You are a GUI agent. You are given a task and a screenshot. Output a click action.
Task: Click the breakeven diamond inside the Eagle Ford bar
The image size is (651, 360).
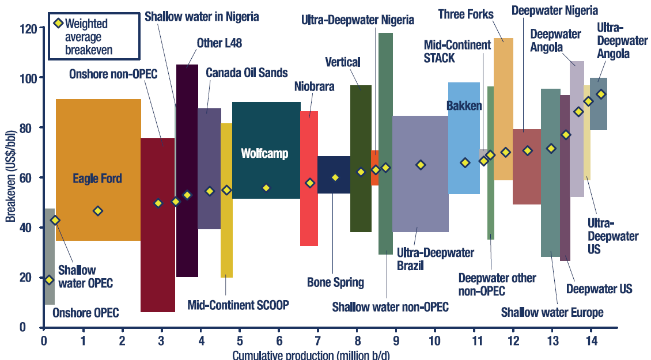(98, 211)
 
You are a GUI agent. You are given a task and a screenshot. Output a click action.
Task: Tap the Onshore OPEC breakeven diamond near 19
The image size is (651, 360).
(49, 280)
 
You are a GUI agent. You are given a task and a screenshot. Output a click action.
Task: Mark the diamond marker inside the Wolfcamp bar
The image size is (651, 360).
(266, 188)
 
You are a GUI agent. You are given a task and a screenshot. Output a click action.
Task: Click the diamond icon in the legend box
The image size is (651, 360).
(58, 24)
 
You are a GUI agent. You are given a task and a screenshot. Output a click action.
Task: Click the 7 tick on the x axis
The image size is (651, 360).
(317, 340)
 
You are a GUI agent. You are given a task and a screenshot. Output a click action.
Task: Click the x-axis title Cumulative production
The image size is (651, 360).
(311, 355)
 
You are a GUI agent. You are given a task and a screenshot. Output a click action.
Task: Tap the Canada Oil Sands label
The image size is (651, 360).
(246, 73)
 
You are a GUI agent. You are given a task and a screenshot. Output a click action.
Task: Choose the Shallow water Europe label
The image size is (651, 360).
(552, 313)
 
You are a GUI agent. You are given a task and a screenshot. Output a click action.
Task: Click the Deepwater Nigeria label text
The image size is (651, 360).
(554, 10)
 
